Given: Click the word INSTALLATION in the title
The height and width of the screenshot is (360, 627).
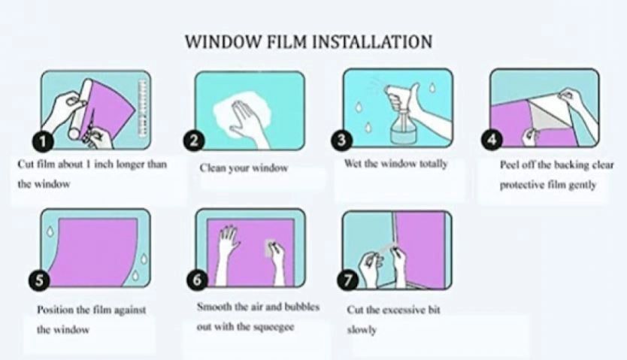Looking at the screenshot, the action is [371, 41].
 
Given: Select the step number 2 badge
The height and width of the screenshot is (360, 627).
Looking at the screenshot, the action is [194, 141].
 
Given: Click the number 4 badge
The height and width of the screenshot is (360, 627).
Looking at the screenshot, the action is [491, 140].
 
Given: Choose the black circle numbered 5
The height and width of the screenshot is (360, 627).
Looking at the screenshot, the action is [39, 280].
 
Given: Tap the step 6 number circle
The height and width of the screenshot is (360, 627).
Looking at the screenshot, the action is [197, 280].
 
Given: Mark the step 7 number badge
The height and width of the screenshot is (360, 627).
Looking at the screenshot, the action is [347, 280].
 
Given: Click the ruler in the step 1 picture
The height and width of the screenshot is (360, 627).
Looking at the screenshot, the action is [142, 108].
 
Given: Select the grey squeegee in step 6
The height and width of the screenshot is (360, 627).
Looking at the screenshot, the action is [271, 248].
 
